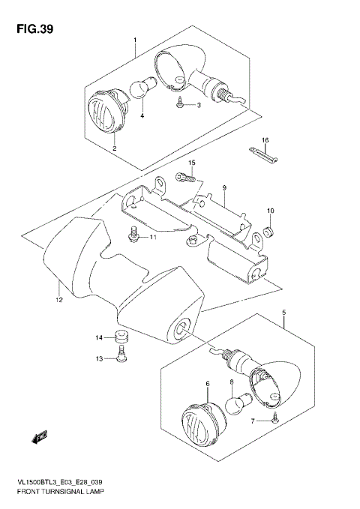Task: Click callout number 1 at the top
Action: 135,39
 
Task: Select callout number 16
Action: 265,139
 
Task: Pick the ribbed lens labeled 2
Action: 105,112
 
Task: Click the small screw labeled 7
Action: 275,418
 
